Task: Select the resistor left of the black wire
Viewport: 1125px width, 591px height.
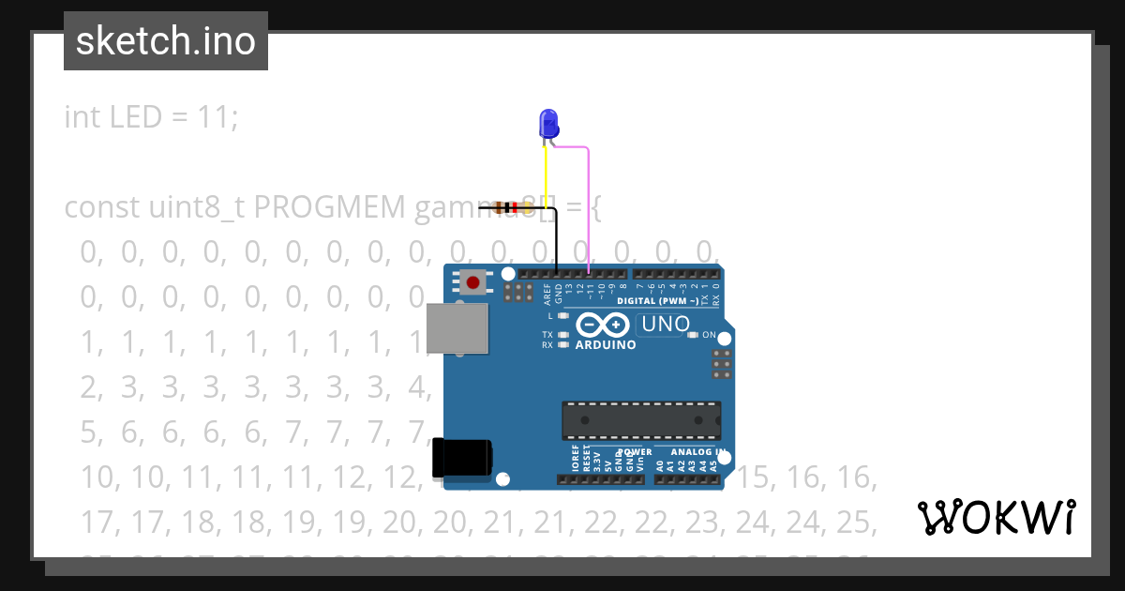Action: pos(509,207)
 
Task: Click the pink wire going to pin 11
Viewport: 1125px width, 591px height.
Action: pos(588,206)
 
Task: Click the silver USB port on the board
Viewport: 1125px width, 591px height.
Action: pos(457,328)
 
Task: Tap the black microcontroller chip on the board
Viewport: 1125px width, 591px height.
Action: pos(641,420)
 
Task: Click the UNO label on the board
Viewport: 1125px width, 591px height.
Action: pos(664,325)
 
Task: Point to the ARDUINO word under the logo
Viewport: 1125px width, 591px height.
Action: pos(606,344)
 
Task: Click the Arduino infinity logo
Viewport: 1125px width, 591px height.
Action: pos(602,325)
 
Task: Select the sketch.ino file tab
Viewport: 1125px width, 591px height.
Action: pos(166,41)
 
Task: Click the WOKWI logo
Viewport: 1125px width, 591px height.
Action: pos(997,517)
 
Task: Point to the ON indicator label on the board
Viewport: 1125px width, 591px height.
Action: pos(709,335)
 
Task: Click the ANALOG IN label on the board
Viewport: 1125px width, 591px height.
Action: pos(696,452)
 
